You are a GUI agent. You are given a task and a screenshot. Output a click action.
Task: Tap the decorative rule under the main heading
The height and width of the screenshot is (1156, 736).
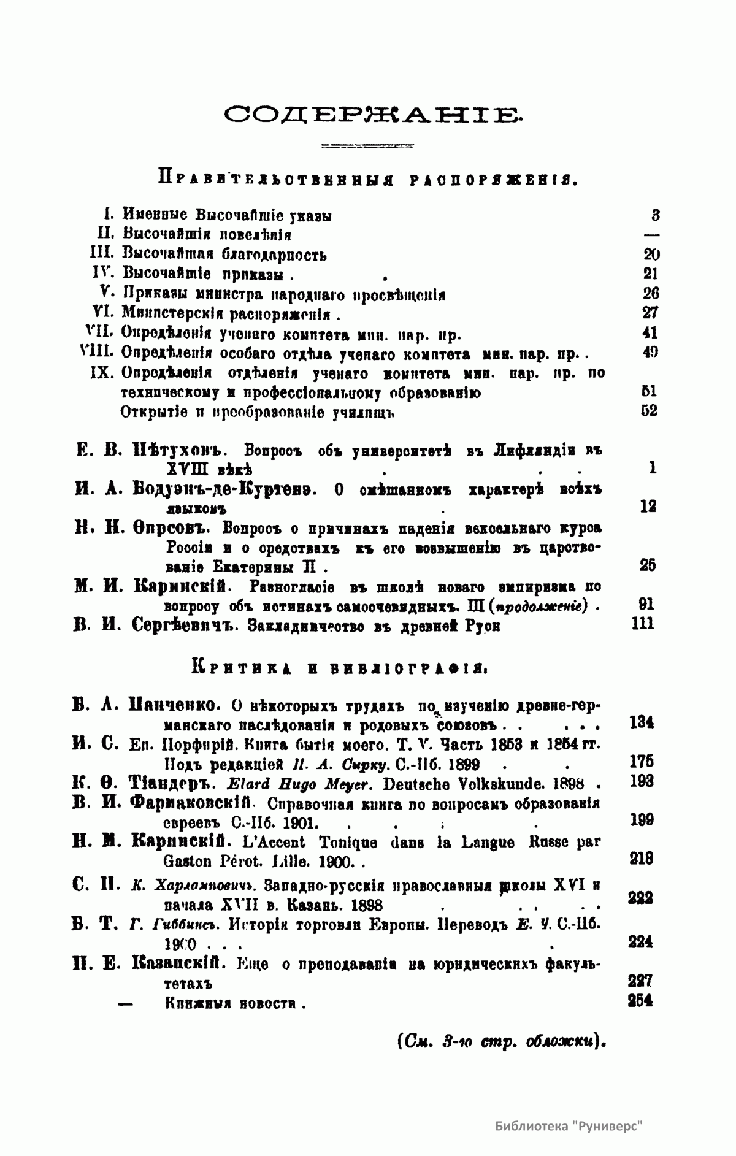click(x=367, y=147)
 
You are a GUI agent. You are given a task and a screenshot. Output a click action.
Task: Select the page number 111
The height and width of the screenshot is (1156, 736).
click(x=642, y=624)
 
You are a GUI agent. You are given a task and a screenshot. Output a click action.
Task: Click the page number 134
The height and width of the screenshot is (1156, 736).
click(x=642, y=722)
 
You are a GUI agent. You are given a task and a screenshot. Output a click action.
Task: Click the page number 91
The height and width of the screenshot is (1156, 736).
click(x=646, y=604)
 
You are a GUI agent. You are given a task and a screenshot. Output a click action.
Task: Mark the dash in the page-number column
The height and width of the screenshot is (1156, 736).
click(x=652, y=234)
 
